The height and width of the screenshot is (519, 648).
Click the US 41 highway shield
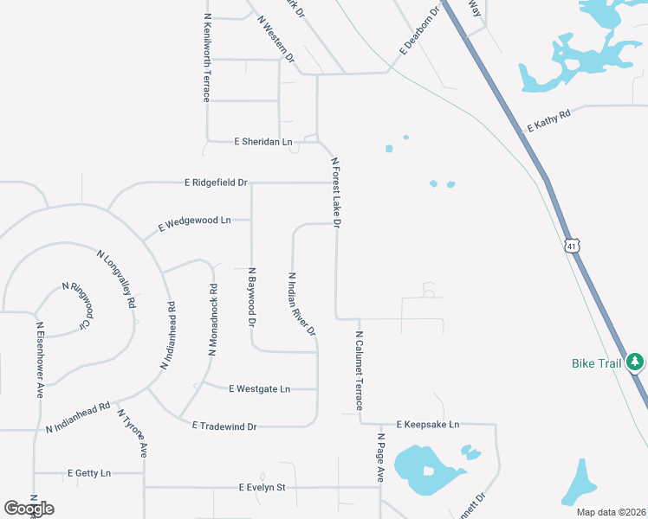pyautogui.click(x=572, y=247)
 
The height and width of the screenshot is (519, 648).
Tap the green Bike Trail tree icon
pyautogui.click(x=635, y=362)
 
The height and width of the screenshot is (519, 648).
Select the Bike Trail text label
pyautogui.click(x=597, y=363)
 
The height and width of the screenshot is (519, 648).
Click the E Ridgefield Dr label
pyautogui.click(x=216, y=183)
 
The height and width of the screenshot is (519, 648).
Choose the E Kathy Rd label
pyautogui.click(x=549, y=120)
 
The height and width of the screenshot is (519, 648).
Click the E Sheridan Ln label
pyautogui.click(x=263, y=141)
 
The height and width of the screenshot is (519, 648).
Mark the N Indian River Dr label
pyautogui.click(x=302, y=304)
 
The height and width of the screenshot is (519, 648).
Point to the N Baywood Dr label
pyautogui.click(x=252, y=297)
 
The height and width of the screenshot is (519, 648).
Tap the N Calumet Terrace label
pyautogui.click(x=360, y=370)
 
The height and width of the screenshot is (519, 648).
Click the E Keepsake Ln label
pyautogui.click(x=427, y=425)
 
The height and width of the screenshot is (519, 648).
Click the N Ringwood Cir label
pyautogui.click(x=75, y=304)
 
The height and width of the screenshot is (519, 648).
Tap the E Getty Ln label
pyautogui.click(x=89, y=473)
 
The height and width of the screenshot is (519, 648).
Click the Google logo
pyautogui.click(x=29, y=509)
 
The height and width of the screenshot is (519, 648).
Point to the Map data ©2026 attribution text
pyautogui.click(x=610, y=512)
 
